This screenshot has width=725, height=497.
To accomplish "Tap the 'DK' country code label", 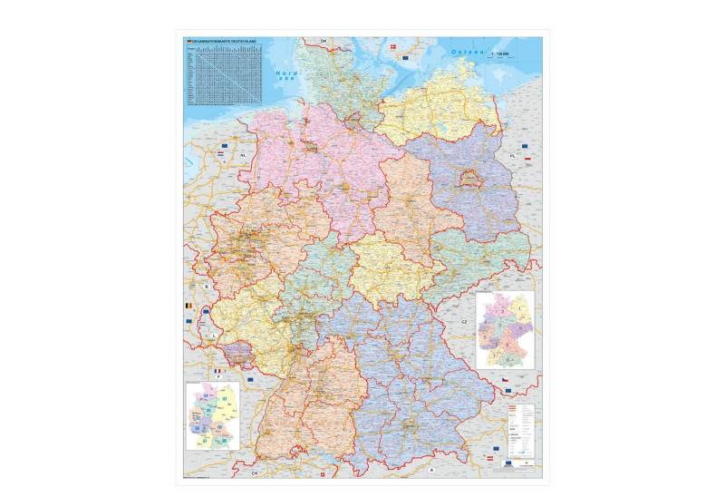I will pos(322,41).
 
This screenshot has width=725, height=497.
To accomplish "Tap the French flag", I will pos(217,373).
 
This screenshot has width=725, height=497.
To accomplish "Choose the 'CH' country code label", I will pos(255,473).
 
